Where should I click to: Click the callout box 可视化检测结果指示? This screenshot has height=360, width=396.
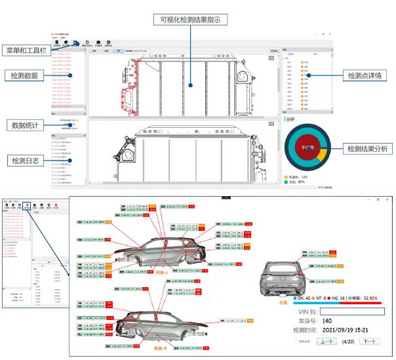(x=189, y=20)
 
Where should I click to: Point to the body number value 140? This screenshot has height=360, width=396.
(x=328, y=323)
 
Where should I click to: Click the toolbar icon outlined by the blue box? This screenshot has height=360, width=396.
(x=28, y=205)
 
